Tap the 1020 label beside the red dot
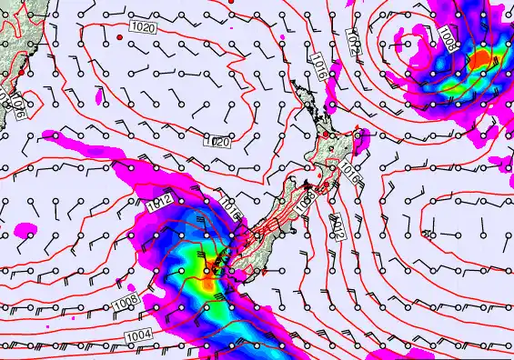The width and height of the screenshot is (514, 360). (143, 29)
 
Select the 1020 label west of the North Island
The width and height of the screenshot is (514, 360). (216, 142)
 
